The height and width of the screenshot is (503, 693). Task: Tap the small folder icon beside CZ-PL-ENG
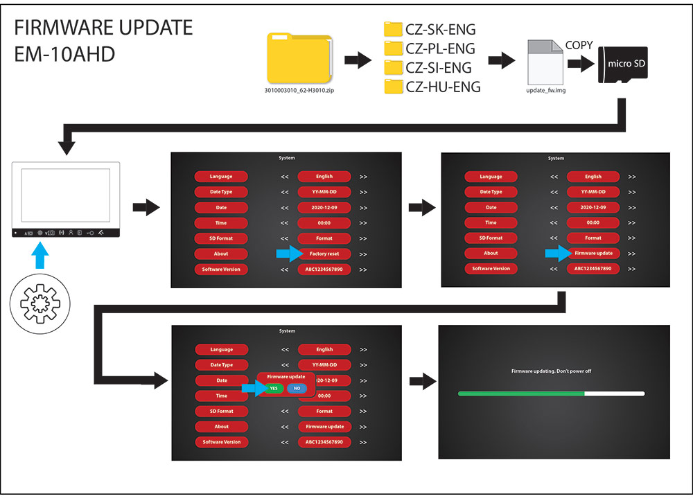pyautogui.click(x=394, y=48)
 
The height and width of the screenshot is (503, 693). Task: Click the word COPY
pyautogui.click(x=579, y=45)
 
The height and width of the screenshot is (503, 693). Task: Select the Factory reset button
pyautogui.click(x=324, y=254)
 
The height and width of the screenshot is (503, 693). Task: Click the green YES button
pyautogui.click(x=274, y=389)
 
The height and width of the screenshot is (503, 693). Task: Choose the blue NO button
pyautogui.click(x=297, y=389)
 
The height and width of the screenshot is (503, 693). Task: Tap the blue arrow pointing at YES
pyautogui.click(x=250, y=389)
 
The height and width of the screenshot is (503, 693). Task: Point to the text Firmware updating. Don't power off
pyautogui.click(x=551, y=371)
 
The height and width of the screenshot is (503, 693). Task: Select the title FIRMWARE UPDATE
pyautogui.click(x=104, y=28)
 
